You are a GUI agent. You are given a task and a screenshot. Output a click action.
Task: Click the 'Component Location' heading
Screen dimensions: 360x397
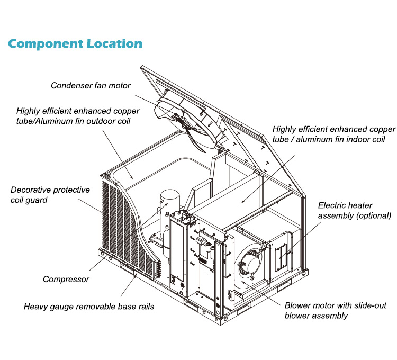(75, 43)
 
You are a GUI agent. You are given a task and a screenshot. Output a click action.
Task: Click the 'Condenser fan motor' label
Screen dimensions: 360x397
(91, 85)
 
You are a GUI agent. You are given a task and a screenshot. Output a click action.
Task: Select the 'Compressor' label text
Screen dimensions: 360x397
(66, 280)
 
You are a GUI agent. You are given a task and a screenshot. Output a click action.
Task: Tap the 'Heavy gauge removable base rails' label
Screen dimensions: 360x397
(89, 306)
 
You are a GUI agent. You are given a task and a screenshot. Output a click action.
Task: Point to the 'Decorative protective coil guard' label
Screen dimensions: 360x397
(50, 194)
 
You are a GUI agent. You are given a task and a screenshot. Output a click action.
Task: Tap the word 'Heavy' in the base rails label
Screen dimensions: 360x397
(37, 306)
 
